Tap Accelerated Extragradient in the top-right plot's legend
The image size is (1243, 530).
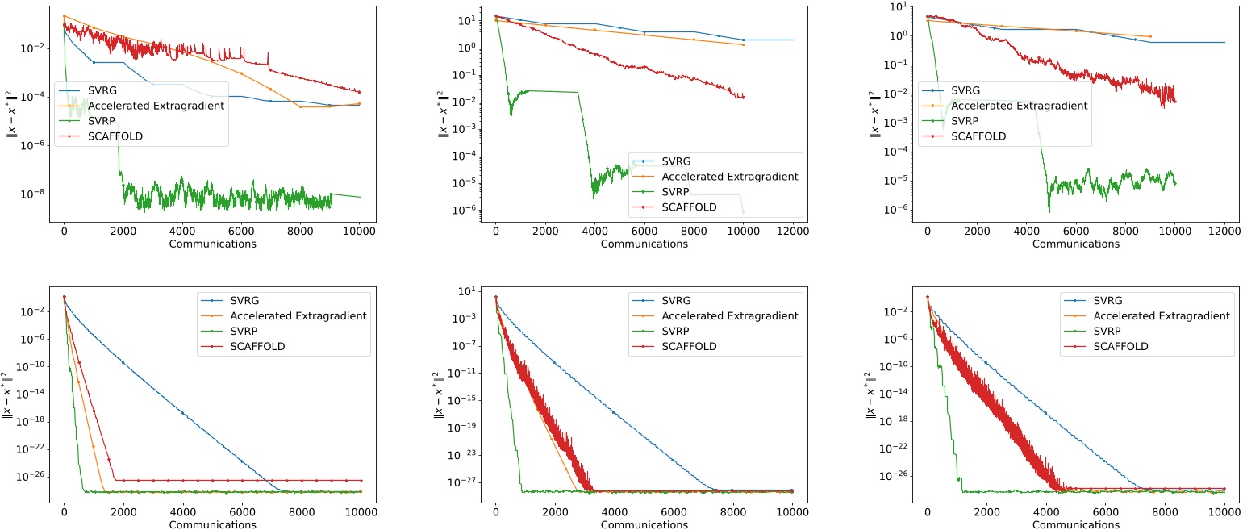pos(1020,106)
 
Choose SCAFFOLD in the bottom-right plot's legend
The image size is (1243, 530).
pos(1120,346)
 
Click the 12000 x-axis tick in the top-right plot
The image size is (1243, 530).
pos(1224,231)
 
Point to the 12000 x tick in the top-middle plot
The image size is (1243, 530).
pos(793,231)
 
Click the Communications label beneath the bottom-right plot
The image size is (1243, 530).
pos(1075,524)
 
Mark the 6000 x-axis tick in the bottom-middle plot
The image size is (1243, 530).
pos(674,511)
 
